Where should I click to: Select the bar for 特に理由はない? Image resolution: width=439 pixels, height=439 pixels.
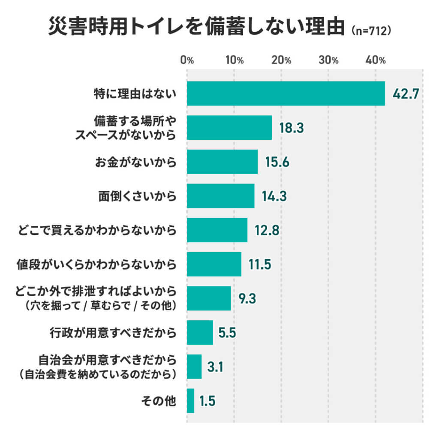pos(286,93)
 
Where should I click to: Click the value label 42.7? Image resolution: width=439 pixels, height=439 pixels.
pos(406,93)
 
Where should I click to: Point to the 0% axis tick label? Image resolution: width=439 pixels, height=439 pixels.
pos(187,60)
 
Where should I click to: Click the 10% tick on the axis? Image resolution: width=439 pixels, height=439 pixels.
pos(234,60)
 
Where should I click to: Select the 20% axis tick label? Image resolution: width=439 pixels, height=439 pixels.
pos(281,60)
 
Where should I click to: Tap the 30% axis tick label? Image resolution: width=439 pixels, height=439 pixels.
pos(329,60)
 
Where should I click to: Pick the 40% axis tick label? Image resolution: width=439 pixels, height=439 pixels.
pos(376,60)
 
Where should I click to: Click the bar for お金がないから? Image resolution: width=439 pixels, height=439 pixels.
pos(222,162)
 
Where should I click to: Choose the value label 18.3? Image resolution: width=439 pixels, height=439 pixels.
pos(292,128)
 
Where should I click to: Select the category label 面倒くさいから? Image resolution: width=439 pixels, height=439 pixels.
pos(137,196)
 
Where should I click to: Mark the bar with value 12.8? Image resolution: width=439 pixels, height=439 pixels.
pos(217,230)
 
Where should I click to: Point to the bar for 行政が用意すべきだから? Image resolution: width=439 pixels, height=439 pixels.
pos(200,333)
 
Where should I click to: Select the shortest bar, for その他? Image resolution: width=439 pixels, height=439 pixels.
pos(190,401)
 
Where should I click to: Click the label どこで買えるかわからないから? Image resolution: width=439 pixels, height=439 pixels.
pos(97,230)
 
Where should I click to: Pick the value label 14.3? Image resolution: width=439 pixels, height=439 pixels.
pos(274,196)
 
